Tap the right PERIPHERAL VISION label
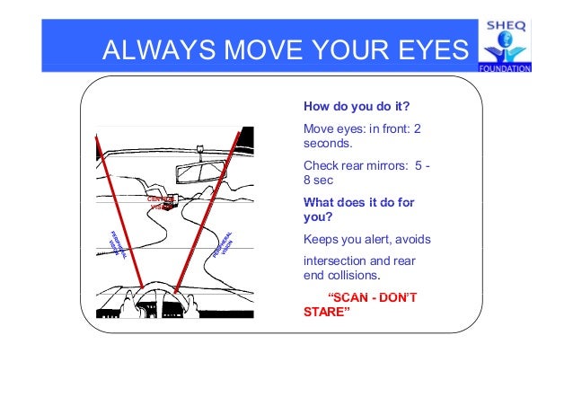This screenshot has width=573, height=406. pyautogui.click(x=226, y=240)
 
